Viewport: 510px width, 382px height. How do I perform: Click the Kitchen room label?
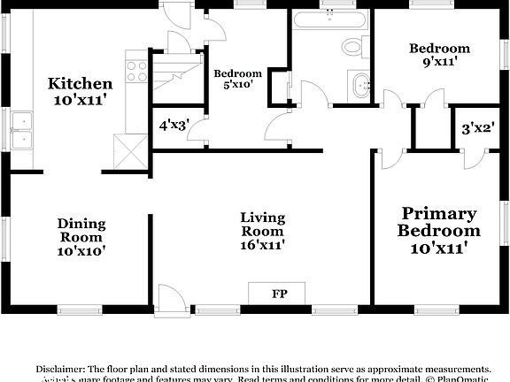[80, 84]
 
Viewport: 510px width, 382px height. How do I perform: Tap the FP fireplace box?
[277, 294]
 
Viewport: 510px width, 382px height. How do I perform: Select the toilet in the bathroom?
[352, 47]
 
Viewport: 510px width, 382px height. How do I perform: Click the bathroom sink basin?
[361, 87]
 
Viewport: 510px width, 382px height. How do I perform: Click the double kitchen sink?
[22, 141]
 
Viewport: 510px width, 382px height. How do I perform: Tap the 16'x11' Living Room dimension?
[263, 245]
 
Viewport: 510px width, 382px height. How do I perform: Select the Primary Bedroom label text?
[439, 222]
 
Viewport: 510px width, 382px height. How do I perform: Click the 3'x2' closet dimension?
[477, 128]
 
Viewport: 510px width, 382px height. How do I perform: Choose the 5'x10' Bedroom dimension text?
[237, 85]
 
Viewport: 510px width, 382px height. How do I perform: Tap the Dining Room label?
[81, 230]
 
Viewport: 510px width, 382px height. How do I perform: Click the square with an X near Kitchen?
[129, 153]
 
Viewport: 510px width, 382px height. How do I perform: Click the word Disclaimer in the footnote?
[60, 368]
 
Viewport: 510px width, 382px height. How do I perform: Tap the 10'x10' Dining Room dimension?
[81, 250]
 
